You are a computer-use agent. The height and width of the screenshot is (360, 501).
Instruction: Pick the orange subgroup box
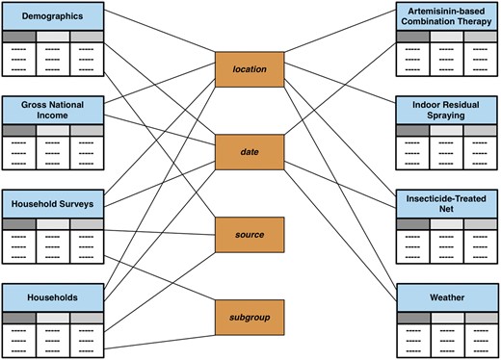click(x=250, y=315)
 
